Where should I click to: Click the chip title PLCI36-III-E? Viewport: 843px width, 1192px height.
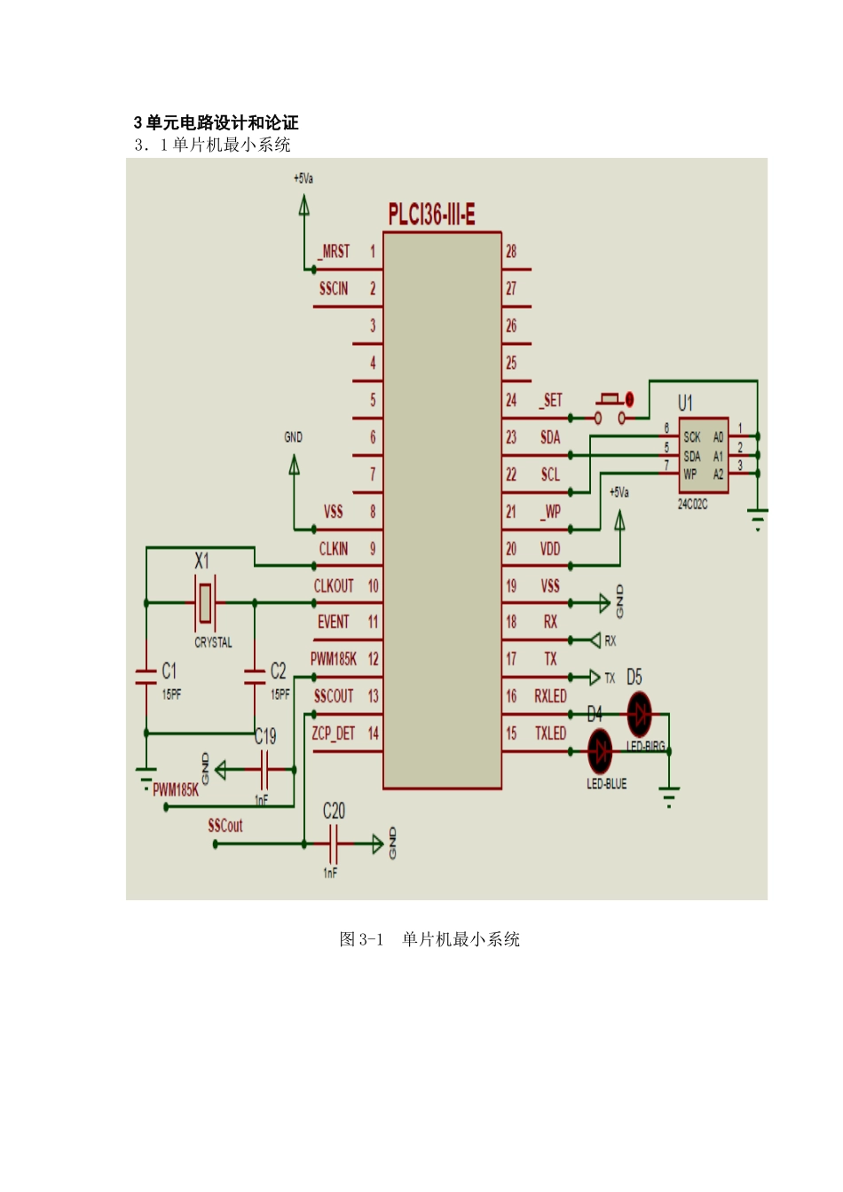[x=431, y=215]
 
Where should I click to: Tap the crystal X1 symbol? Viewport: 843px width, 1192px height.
[x=205, y=602]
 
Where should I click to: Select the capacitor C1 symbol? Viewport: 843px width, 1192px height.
[x=146, y=677]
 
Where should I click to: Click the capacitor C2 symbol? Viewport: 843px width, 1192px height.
[x=255, y=677]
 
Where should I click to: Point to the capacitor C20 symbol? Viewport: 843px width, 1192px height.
[x=333, y=843]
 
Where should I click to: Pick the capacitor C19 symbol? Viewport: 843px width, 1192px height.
[x=263, y=769]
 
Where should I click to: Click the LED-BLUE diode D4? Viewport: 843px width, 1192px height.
[x=601, y=751]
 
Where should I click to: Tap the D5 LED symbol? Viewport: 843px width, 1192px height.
[x=639, y=713]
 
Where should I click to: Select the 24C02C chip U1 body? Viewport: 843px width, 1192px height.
[x=704, y=455]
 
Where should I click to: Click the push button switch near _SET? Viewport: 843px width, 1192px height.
[x=610, y=408]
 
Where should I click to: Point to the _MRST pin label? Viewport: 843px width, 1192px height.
[x=334, y=252]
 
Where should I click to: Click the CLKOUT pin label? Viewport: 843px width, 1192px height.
[x=334, y=586]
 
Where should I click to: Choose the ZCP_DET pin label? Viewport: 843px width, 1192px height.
[x=333, y=733]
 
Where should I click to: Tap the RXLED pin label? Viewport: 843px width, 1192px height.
[x=550, y=696]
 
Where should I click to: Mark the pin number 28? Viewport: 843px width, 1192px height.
[x=511, y=252]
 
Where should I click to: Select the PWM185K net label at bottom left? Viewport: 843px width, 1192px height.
[x=176, y=790]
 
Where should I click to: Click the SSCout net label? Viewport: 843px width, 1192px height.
[x=225, y=826]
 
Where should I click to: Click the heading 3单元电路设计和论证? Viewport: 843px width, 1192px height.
[x=217, y=122]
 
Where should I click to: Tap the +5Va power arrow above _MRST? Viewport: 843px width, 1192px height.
[x=304, y=205]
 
